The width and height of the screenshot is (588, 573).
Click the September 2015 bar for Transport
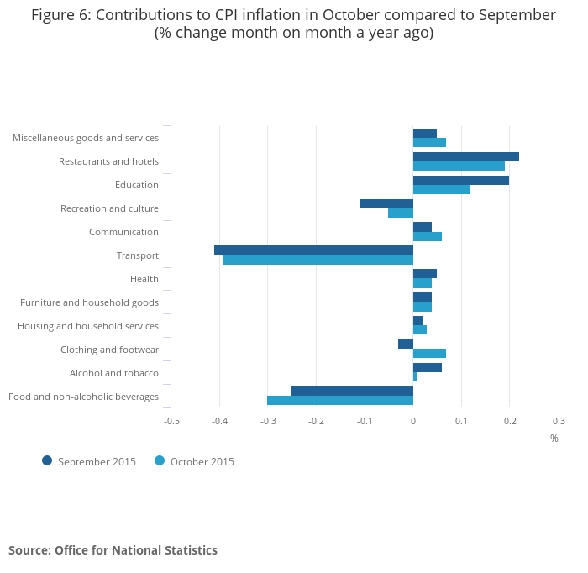point(313,250)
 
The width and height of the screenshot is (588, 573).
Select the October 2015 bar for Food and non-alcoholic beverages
point(340,401)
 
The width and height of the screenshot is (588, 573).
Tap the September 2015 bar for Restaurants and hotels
point(466,156)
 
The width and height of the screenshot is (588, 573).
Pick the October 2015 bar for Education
point(442,189)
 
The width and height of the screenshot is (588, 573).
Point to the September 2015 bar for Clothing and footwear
point(406,344)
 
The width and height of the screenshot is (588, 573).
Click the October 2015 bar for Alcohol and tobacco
point(415,376)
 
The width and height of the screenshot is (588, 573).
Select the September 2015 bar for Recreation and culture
point(386,203)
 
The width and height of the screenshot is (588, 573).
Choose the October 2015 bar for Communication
point(428,236)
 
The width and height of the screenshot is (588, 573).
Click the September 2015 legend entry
point(89,461)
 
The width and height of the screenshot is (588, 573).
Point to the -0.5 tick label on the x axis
point(171,420)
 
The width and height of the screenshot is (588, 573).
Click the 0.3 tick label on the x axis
point(559,420)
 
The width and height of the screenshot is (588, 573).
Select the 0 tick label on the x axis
point(413,420)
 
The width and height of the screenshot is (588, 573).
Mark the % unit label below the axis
point(554,438)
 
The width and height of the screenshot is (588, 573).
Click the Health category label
point(144,279)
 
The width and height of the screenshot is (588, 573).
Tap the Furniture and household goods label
point(89,302)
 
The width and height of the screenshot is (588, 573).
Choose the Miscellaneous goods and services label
point(86,138)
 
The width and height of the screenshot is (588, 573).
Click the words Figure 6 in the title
point(59,15)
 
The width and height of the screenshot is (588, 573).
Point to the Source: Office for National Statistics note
point(113,550)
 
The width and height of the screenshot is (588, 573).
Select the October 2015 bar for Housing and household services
point(420,330)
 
